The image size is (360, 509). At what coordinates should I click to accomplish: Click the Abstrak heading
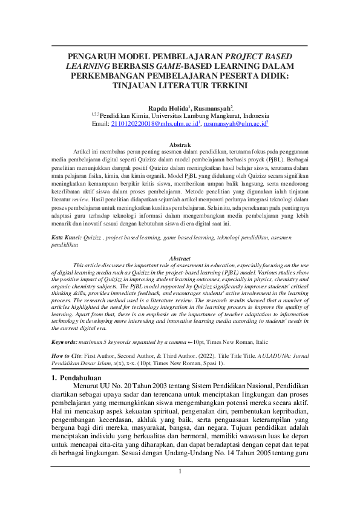pos(180,145)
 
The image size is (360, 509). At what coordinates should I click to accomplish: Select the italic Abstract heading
pos(180,258)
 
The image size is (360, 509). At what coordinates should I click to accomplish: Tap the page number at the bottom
pos(180,488)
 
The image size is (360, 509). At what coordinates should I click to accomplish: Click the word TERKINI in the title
pos(222,86)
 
